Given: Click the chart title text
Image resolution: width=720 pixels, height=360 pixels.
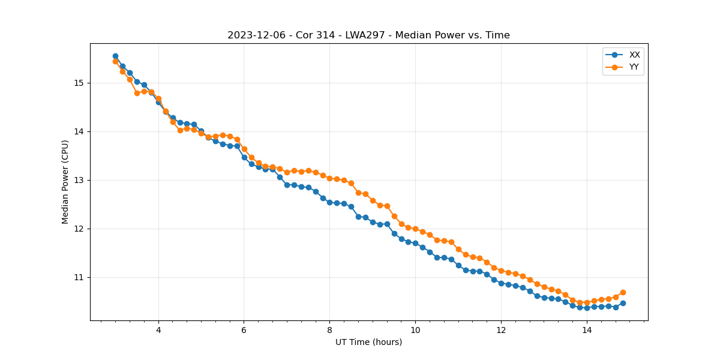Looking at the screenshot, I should (x=368, y=35).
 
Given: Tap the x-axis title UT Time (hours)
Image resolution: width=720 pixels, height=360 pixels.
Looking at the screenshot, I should (x=368, y=342).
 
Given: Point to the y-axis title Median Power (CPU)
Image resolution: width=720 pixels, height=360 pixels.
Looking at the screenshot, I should (x=65, y=182).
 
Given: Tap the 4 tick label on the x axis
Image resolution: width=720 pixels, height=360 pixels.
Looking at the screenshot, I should (x=158, y=330).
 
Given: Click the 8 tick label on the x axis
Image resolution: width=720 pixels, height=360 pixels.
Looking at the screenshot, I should (x=329, y=330).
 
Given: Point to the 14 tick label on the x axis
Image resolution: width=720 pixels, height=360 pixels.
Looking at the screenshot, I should (x=586, y=330).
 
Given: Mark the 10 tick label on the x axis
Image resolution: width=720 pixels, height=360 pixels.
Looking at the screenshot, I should (x=415, y=330).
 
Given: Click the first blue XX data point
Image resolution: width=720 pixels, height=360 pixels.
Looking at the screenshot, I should (x=115, y=56).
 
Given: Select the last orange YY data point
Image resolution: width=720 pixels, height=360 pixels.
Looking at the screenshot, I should (x=623, y=292).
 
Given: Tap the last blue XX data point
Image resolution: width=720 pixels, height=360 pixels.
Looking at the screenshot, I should (x=623, y=303).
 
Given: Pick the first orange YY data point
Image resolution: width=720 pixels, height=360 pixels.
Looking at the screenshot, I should (x=115, y=61).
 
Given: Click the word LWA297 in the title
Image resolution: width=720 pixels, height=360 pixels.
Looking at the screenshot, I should (x=365, y=35).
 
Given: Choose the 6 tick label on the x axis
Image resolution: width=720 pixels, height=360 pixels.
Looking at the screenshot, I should (x=244, y=330).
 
